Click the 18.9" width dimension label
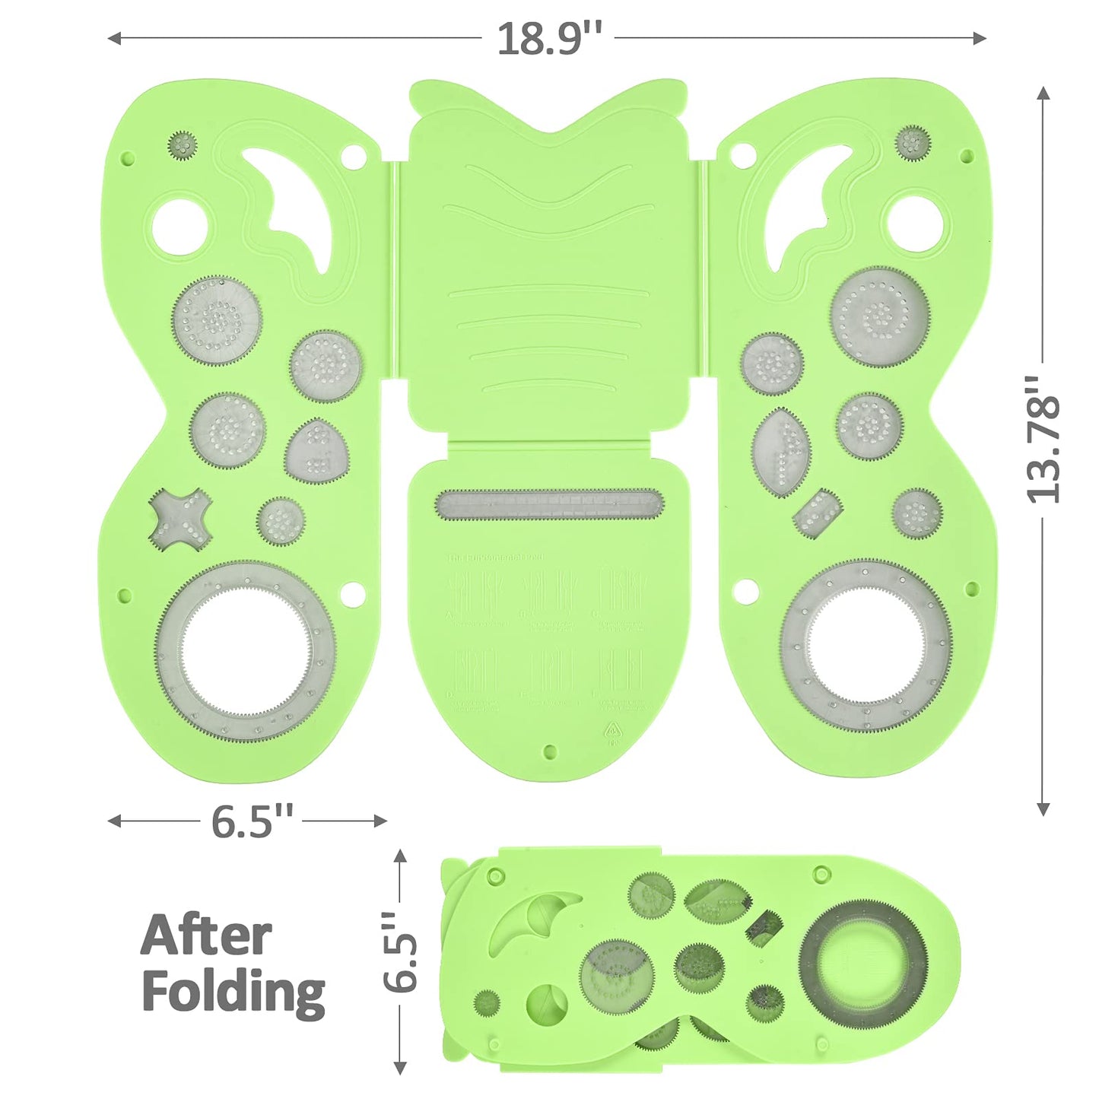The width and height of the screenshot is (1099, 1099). tap(549, 38)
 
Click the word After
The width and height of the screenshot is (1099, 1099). tap(206, 936)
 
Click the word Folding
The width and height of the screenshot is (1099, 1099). tap(233, 993)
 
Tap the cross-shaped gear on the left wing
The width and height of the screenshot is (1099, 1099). tap(179, 519)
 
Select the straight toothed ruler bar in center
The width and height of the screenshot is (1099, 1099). tap(549, 504)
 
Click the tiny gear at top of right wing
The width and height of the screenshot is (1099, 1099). tap(913, 142)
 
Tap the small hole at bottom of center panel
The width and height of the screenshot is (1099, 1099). tap(550, 752)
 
